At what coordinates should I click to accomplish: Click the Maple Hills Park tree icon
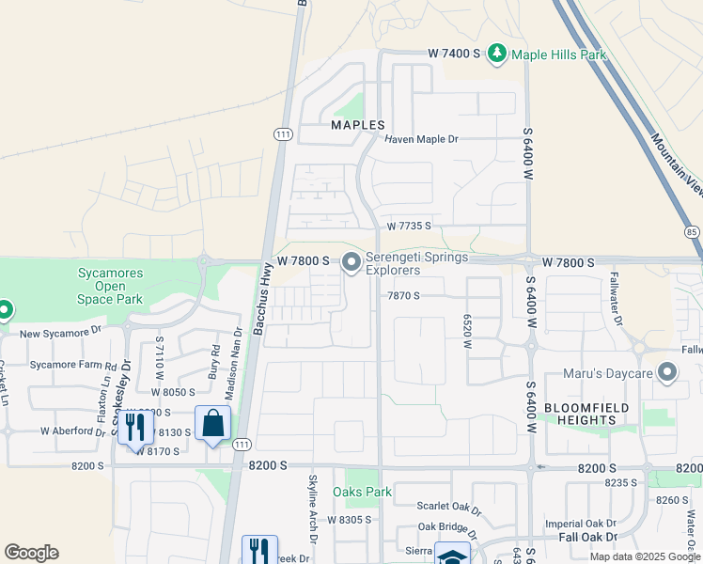click(x=496, y=54)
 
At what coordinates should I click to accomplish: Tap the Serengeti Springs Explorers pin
click(x=351, y=262)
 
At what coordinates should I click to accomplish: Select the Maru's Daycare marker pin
click(x=668, y=373)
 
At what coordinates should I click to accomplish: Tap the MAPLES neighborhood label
click(x=358, y=125)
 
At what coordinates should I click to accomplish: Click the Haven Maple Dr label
click(x=421, y=139)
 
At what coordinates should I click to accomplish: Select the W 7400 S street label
click(x=454, y=55)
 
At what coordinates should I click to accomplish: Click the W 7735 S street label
click(x=409, y=227)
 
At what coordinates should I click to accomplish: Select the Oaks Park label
click(x=363, y=492)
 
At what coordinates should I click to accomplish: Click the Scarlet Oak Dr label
click(x=449, y=507)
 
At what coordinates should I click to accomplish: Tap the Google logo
click(x=31, y=553)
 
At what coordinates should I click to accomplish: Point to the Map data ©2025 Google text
click(x=644, y=556)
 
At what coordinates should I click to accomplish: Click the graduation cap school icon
click(x=452, y=555)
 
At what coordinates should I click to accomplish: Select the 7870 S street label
click(x=403, y=295)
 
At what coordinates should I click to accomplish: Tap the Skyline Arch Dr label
click(x=315, y=512)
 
